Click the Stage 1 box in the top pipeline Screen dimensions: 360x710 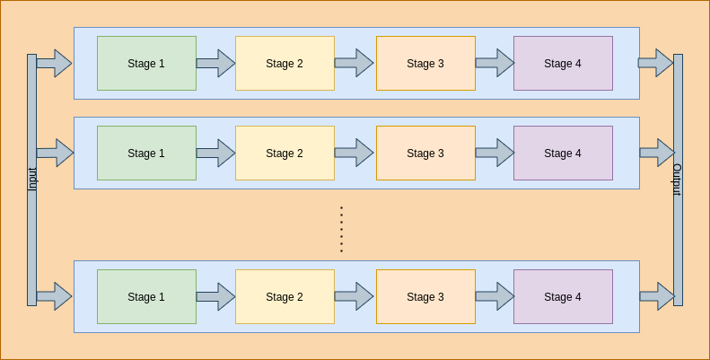click(x=146, y=64)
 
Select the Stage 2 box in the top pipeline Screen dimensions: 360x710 click(x=285, y=64)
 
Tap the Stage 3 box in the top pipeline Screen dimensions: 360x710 click(x=425, y=64)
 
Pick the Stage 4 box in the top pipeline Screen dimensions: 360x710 click(x=563, y=64)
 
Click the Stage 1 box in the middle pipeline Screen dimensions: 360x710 click(x=146, y=154)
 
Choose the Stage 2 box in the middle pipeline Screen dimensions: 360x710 click(x=285, y=154)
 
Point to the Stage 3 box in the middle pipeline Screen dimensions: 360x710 click(x=425, y=154)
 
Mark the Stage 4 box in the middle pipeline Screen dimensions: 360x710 click(x=563, y=154)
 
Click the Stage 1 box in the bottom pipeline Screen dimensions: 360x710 click(x=146, y=297)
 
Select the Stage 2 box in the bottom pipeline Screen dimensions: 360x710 click(x=285, y=297)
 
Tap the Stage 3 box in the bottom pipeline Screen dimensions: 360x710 click(x=425, y=297)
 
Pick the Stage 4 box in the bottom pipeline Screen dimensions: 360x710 click(x=563, y=297)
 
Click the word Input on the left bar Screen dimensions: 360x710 click(x=32, y=180)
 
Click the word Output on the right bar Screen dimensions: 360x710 click(x=678, y=180)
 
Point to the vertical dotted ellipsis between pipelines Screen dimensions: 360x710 click(x=341, y=229)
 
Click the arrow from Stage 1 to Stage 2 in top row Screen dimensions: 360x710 click(x=215, y=64)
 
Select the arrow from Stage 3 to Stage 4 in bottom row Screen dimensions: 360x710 click(x=495, y=296)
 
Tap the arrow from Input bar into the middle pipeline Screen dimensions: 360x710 click(x=55, y=153)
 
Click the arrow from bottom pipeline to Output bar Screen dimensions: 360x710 click(x=656, y=296)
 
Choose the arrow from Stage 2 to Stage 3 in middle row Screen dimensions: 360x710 click(x=354, y=153)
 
